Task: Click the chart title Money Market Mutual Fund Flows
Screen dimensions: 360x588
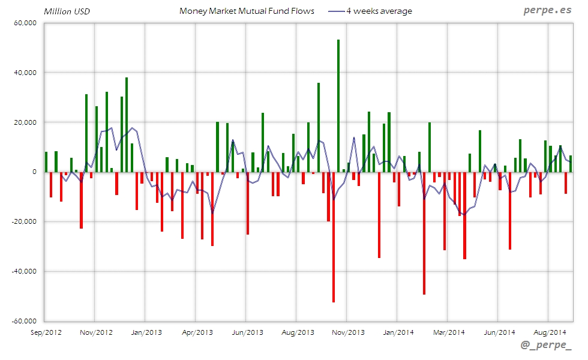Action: coord(247,11)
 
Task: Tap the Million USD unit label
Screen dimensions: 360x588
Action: coord(67,11)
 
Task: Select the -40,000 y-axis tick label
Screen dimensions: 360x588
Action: coord(25,271)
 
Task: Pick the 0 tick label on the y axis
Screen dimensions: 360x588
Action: coord(35,172)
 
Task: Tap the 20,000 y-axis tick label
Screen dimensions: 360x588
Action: coord(26,122)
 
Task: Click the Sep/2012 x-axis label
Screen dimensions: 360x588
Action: coord(45,332)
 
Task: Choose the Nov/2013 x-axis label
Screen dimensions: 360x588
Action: coord(347,332)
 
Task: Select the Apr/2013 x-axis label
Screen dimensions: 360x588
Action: coord(196,332)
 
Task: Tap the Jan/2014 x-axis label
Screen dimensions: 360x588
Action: coord(398,332)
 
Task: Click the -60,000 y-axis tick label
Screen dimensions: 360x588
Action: coord(25,321)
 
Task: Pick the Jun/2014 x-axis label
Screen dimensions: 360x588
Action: coord(499,332)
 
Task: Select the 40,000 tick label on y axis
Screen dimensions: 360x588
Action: coord(26,73)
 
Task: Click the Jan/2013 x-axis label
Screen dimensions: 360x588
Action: coord(146,332)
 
